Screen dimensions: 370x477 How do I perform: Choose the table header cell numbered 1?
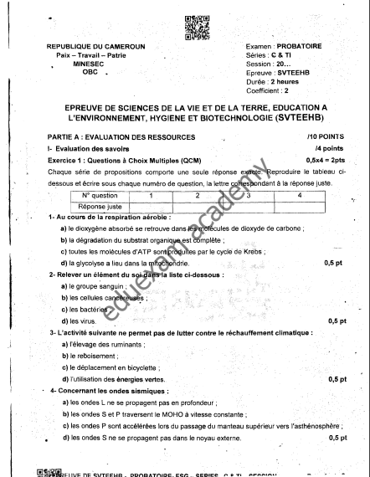coord(152,194)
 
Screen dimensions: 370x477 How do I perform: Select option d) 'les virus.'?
coord(79,321)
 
